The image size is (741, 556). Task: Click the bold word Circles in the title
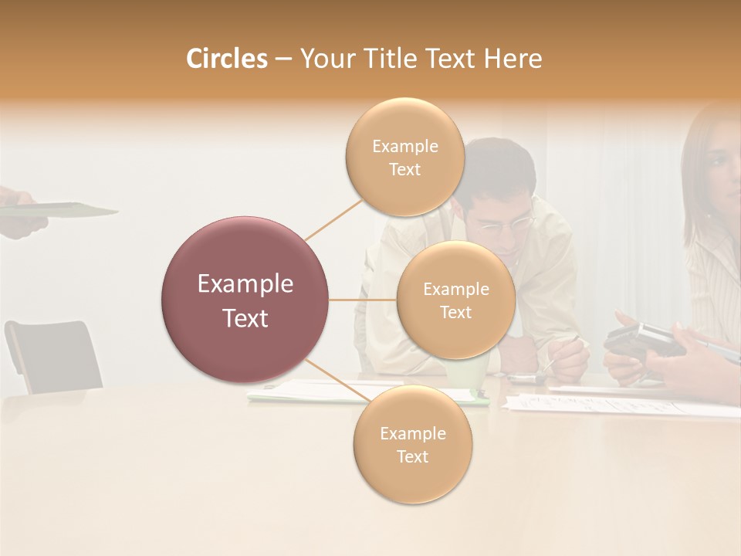coord(226,59)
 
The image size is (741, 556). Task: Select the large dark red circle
coord(245,300)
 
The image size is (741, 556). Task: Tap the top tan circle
coord(404,158)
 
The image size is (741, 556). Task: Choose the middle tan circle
coord(455,300)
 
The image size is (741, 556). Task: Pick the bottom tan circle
coord(412,445)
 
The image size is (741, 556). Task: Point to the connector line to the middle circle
coord(363,300)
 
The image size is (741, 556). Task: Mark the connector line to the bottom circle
coord(332,379)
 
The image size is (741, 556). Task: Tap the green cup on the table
coord(472,375)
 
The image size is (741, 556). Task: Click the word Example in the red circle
coord(245,284)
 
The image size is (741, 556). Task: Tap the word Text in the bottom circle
coord(412,456)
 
